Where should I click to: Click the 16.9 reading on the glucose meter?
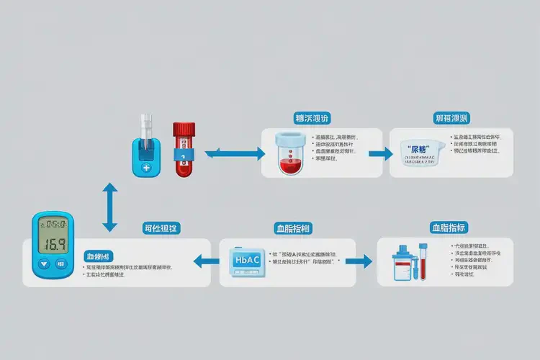click(53, 243)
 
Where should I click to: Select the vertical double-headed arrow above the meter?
click(109, 207)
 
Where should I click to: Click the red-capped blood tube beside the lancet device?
click(184, 148)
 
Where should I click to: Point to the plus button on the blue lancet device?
click(147, 167)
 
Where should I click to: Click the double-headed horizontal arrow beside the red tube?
click(235, 153)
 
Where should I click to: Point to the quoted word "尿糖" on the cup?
click(418, 149)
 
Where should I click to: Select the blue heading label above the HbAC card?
click(293, 228)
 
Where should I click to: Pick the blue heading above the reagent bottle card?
click(451, 228)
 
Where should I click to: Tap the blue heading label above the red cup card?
click(312, 118)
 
